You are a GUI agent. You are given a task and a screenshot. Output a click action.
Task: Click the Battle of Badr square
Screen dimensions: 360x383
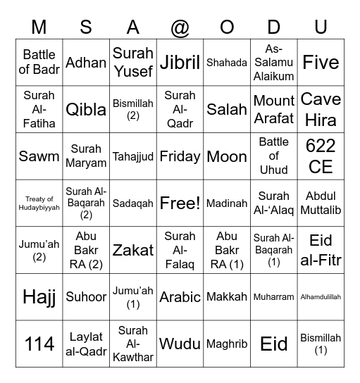[39, 63]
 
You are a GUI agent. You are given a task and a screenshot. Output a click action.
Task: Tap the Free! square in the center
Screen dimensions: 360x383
[180, 203]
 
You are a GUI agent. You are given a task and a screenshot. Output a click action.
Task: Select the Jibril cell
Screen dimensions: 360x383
[180, 63]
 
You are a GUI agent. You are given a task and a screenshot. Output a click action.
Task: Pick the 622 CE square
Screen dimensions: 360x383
[321, 156]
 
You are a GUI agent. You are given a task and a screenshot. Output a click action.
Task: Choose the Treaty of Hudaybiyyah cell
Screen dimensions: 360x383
[39, 203]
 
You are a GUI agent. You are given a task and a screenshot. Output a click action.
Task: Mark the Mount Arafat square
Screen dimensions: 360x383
[274, 109]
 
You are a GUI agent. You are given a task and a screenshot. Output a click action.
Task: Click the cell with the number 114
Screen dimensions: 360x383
[39, 344]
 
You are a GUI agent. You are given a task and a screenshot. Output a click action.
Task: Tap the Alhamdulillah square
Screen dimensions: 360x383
[321, 297]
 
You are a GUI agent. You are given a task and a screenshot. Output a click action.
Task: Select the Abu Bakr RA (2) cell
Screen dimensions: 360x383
[86, 250]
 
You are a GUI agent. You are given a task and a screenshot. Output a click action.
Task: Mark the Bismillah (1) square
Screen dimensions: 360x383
[321, 344]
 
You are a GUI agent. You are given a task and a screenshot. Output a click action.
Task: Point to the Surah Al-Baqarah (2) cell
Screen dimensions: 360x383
[86, 203]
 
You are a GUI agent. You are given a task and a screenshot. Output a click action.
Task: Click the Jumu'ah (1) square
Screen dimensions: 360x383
[133, 297]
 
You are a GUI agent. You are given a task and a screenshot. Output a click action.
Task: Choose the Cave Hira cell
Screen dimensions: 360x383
[321, 109]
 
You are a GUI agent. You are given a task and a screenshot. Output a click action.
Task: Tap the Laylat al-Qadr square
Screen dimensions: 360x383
[86, 344]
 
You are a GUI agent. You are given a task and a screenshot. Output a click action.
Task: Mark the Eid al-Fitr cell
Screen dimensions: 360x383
[321, 250]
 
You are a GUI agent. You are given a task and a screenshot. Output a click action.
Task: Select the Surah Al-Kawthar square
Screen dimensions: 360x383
[133, 344]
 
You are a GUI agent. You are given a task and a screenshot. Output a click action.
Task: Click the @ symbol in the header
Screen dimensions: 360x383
[180, 27]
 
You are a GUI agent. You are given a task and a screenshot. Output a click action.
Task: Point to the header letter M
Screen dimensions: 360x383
[39, 27]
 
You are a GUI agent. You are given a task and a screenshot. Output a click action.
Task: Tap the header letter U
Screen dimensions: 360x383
[321, 27]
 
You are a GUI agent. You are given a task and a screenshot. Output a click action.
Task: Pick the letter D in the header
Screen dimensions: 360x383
[274, 27]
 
